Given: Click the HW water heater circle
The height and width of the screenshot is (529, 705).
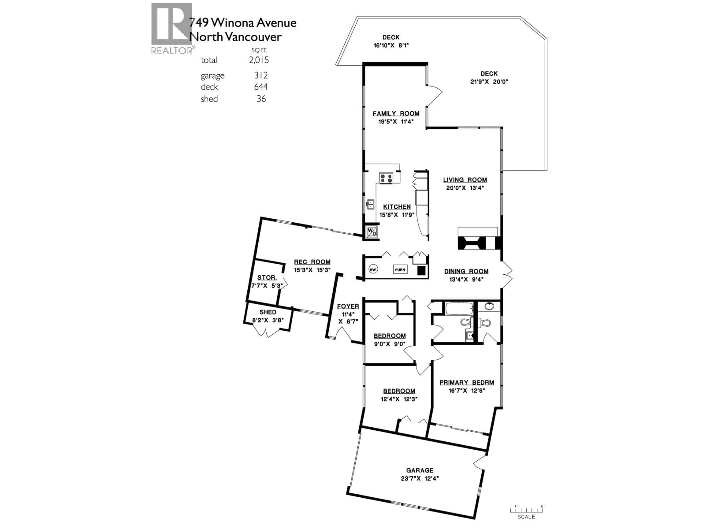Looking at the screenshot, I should tap(373, 269).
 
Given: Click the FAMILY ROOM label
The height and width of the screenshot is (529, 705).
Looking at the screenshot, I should tap(396, 114).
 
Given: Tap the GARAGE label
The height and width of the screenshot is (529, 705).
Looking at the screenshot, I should tap(420, 470).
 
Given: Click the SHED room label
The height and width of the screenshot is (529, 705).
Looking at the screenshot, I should tap(268, 312).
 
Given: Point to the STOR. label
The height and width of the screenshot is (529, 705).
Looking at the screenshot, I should tap(267, 278).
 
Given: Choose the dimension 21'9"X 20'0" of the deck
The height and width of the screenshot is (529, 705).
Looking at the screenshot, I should tap(489, 82).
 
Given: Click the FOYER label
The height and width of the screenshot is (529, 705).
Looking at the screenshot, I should tap(348, 306).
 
